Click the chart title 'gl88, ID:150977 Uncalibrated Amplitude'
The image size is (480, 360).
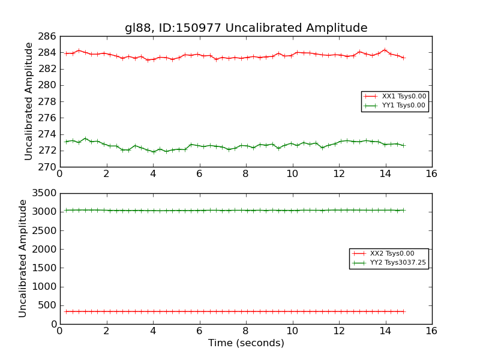pos(246,28)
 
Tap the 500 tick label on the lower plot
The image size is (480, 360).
pos(46,305)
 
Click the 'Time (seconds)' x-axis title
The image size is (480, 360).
pos(246,343)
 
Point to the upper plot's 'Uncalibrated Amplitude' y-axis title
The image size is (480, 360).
pos(29,101)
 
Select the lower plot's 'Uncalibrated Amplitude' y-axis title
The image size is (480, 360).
pos(23,258)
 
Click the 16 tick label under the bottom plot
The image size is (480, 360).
pos(431,331)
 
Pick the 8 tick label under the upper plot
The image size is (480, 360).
pos(245,173)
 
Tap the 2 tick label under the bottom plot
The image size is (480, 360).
pos(106,331)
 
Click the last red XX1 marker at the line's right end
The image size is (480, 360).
pos(403,58)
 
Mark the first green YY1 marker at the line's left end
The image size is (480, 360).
pos(66,142)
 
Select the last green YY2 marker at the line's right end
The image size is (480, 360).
pos(403,210)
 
